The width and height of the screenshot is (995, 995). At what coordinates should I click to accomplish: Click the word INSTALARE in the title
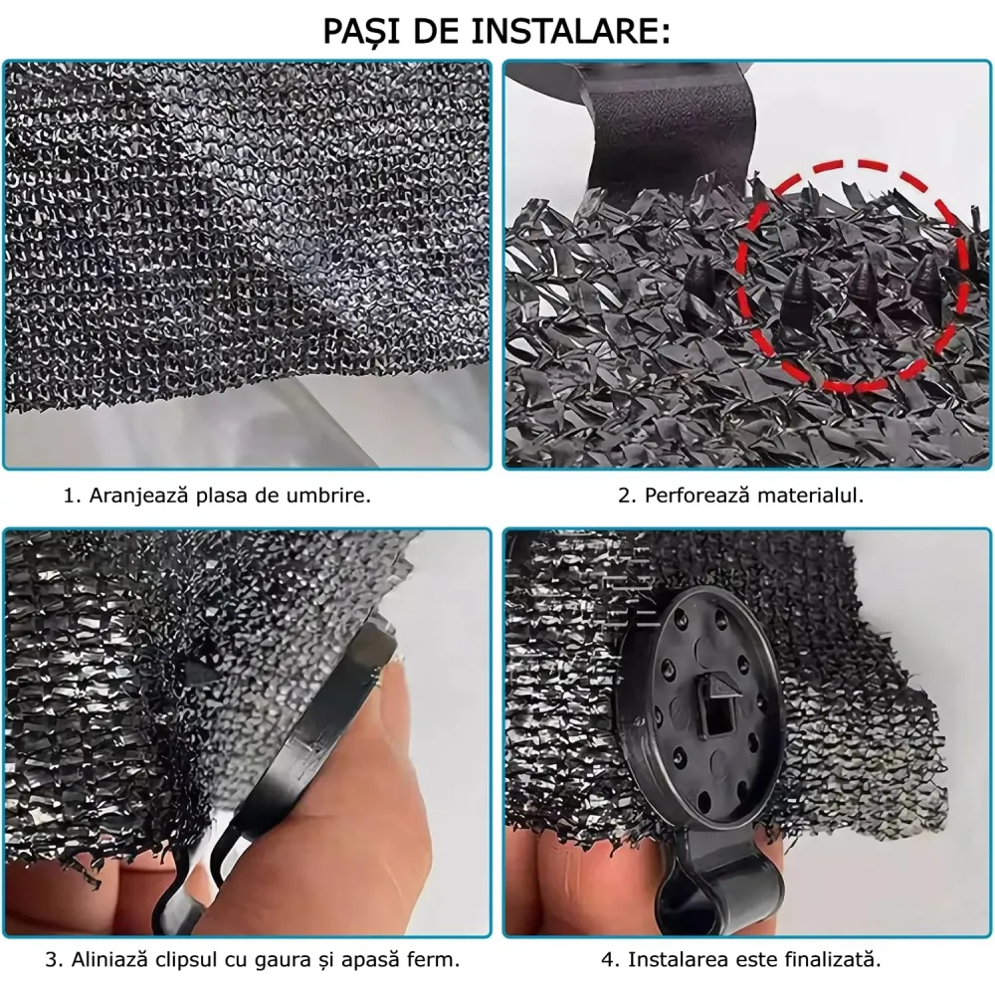click(570, 31)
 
